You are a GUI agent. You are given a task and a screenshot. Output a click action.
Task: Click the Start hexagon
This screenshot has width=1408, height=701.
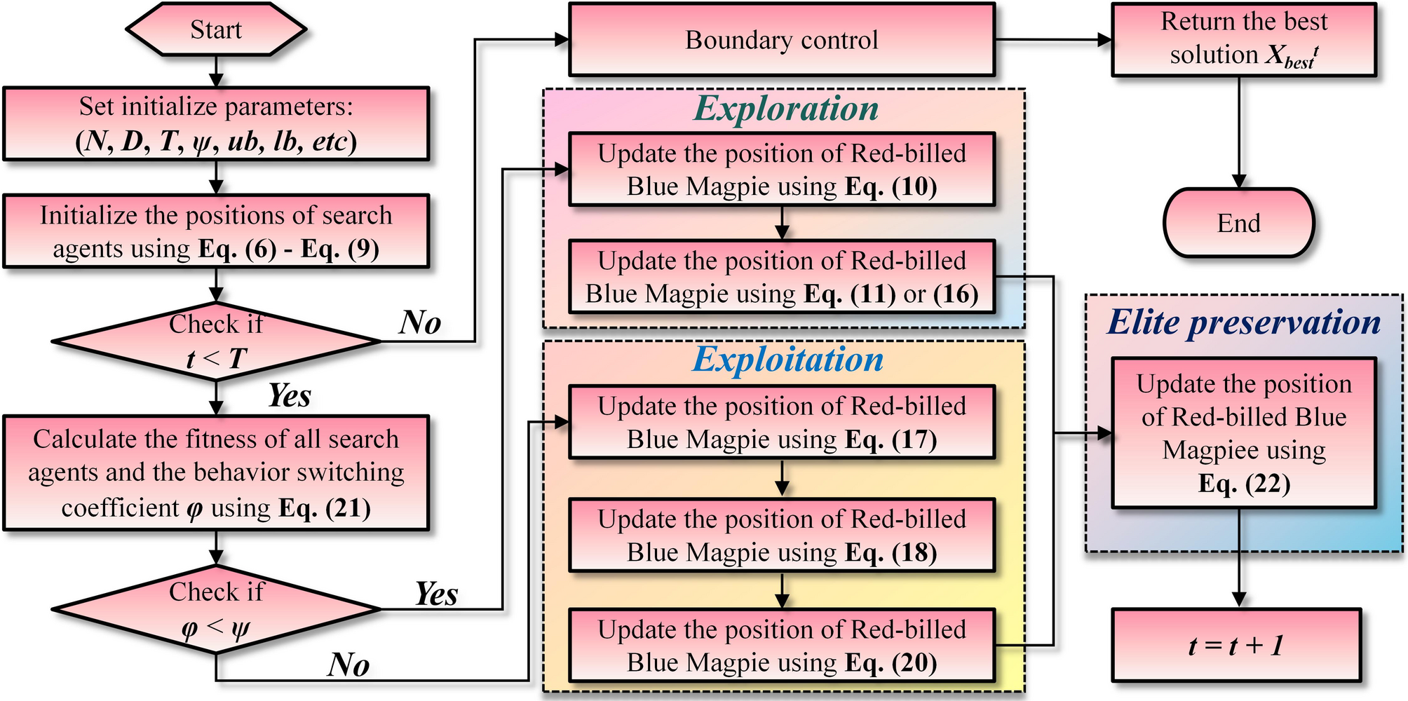(216, 29)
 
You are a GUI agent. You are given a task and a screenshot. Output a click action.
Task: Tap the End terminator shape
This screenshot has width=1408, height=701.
(1238, 223)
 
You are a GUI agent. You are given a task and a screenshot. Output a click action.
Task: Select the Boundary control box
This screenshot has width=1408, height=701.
(781, 40)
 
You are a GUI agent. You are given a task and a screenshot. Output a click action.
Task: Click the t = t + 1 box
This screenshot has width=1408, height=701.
(1236, 645)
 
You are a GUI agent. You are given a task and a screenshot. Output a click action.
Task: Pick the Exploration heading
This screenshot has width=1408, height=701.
(785, 109)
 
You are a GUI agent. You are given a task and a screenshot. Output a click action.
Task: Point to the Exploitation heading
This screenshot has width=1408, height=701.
(787, 359)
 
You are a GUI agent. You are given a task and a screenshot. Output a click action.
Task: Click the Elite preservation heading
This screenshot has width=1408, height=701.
(1244, 322)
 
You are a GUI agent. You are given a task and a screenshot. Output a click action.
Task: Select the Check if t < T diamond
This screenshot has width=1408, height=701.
(216, 341)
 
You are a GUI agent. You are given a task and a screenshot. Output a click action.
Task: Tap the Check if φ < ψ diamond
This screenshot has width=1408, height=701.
(216, 609)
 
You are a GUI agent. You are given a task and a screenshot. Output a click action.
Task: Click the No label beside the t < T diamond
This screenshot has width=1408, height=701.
(420, 322)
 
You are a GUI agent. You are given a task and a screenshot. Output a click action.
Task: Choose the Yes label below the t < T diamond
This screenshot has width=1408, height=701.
(290, 395)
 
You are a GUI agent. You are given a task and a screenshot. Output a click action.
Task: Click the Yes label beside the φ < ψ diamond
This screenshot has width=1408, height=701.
(436, 594)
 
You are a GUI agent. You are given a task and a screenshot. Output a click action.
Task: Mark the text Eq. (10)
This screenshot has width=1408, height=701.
(891, 187)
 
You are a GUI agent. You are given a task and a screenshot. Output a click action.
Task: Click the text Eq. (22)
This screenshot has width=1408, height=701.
(1244, 484)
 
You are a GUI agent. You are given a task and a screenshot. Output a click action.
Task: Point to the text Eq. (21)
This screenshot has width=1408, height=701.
(324, 508)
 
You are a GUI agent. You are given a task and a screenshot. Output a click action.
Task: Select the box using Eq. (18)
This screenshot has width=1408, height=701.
(781, 536)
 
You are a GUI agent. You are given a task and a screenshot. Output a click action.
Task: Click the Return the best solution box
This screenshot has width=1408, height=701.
(1244, 39)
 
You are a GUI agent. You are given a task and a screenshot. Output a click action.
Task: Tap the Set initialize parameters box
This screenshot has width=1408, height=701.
(216, 124)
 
